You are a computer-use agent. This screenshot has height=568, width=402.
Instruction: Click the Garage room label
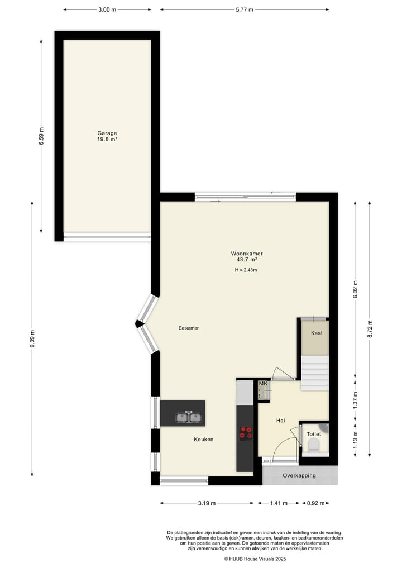pos(107,133)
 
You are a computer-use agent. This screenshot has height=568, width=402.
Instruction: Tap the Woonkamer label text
pos(246,254)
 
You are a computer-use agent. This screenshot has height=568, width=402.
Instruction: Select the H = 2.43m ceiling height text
pos(246,270)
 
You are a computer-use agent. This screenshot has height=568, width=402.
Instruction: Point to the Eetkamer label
pos(189,328)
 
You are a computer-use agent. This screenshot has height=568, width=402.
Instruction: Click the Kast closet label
pos(317,333)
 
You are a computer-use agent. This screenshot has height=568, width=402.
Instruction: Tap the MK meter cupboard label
pos(263,384)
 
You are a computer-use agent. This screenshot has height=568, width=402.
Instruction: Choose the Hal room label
pos(281,421)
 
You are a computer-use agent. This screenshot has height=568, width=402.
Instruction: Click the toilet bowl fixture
pos(313,445)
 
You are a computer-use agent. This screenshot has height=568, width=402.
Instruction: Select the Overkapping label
pos(299,476)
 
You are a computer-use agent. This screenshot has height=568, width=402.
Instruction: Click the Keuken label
pos(204,440)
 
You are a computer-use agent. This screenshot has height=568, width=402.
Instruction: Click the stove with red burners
pos(245,432)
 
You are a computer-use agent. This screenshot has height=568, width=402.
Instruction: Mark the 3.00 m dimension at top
pos(107,9)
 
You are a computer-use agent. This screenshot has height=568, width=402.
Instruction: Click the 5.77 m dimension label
pos(244,9)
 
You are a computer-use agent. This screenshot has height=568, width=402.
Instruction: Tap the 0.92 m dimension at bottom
pos(316,503)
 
